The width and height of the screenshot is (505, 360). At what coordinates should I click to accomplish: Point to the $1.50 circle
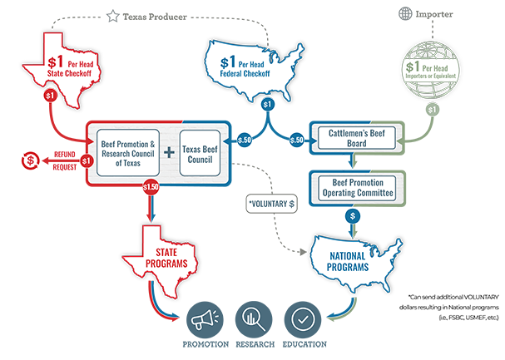coord(150,188)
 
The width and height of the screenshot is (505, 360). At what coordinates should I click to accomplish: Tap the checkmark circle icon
coord(300,318)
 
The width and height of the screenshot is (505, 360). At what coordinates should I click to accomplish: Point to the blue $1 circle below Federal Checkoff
coord(266,105)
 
